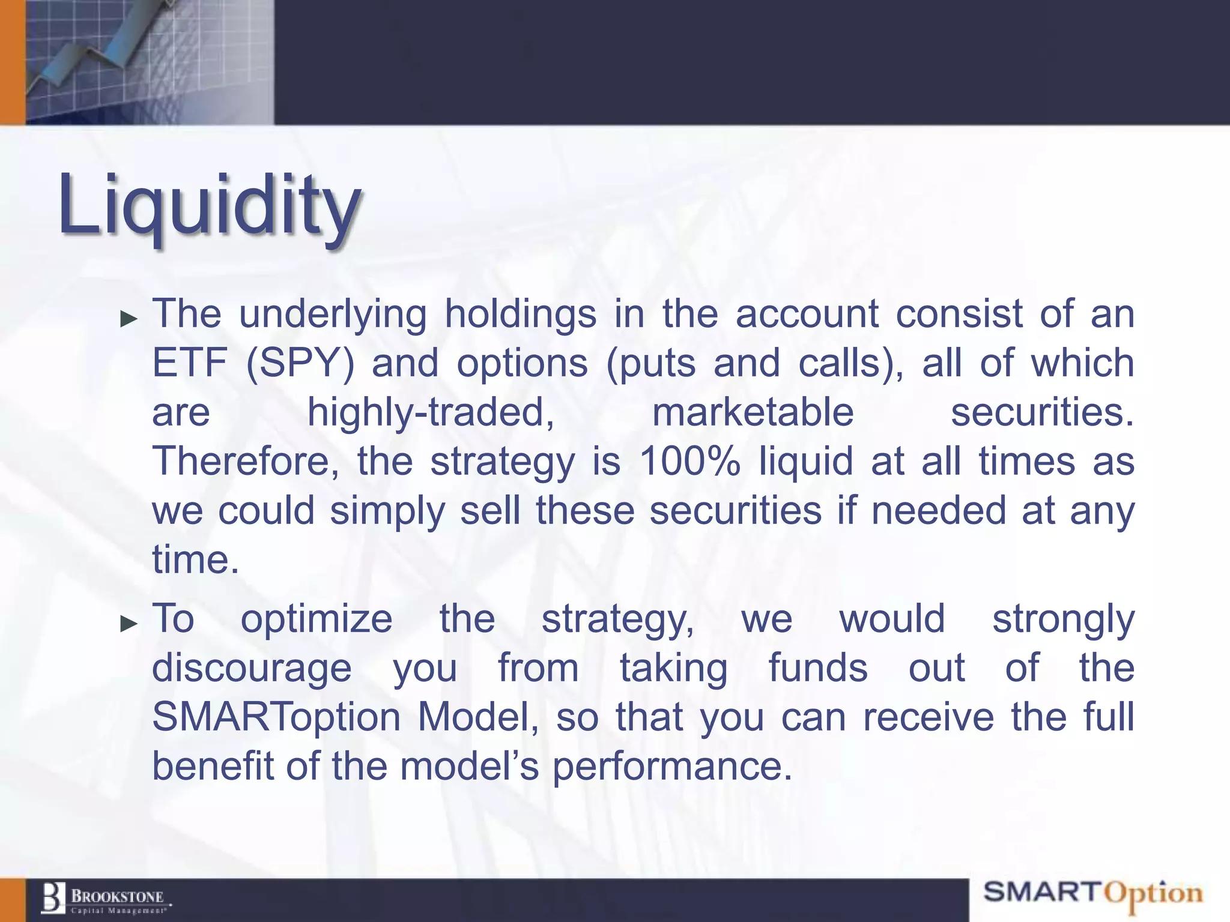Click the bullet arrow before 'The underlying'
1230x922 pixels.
coord(129,319)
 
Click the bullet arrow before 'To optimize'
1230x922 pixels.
coord(129,624)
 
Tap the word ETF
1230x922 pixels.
coord(189,364)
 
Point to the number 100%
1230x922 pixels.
coord(689,462)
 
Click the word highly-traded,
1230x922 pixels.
coord(431,413)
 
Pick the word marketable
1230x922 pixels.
coord(753,413)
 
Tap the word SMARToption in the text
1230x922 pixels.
coord(276,718)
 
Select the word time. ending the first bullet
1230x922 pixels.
coord(195,559)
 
